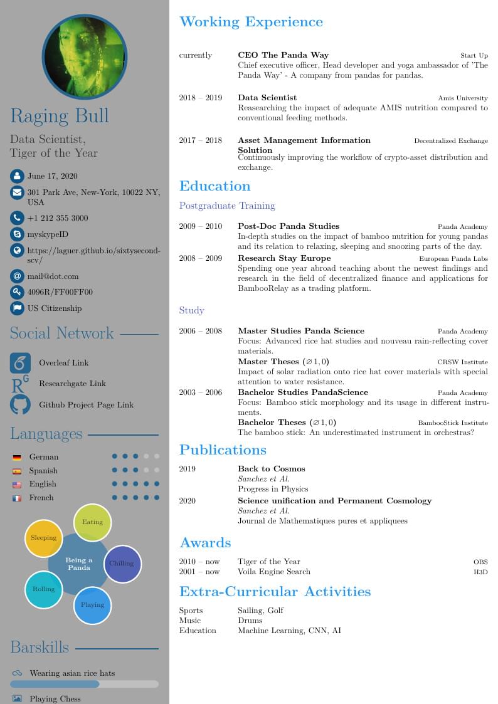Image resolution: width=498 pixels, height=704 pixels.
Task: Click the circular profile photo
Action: [85, 56]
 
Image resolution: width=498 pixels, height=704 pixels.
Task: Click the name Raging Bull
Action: [59, 116]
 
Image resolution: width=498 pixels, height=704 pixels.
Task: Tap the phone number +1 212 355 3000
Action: [58, 218]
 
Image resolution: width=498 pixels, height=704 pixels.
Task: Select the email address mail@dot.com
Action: [53, 276]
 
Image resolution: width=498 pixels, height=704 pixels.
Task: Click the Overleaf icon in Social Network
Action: [20, 363]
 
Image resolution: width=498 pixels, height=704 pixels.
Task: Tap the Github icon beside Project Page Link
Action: [20, 404]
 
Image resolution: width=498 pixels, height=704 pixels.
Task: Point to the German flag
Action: [17, 458]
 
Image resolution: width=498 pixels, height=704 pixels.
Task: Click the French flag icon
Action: [17, 498]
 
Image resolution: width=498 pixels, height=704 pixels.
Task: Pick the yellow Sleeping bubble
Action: [44, 538]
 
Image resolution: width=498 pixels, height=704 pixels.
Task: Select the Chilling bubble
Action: [122, 564]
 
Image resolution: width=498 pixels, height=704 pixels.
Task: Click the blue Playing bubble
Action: [93, 605]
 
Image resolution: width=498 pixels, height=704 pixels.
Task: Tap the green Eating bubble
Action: [93, 522]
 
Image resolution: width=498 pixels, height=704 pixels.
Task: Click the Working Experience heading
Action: [251, 22]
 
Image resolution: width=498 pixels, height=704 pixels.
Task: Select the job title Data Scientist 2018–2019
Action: [267, 98]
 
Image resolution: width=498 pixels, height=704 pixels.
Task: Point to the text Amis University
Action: [462, 98]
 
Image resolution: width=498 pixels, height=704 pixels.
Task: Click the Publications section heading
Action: [223, 450]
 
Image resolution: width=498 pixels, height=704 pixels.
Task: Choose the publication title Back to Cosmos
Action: [271, 469]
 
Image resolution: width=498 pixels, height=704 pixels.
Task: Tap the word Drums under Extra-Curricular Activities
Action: [250, 621]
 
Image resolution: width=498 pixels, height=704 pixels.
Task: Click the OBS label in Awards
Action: [480, 562]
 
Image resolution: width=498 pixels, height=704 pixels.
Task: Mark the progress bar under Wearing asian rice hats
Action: [84, 685]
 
